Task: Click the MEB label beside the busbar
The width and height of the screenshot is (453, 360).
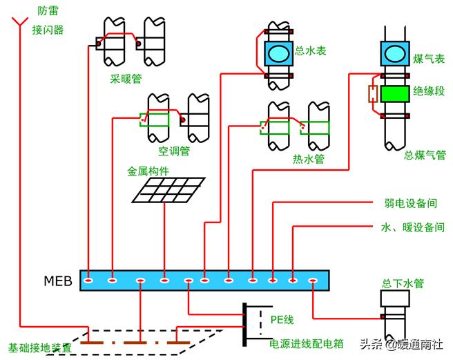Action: tap(59, 281)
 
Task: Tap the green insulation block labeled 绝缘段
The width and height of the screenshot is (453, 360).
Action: tap(394, 93)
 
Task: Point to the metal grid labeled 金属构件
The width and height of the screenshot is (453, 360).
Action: tap(168, 189)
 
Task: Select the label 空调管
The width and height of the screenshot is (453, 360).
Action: tap(174, 150)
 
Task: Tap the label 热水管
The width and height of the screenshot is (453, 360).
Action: tap(308, 159)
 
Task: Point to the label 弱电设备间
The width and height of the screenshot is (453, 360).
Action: tap(410, 204)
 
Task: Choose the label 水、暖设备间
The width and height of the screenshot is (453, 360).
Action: tap(412, 227)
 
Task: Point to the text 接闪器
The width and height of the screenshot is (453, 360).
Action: tap(48, 30)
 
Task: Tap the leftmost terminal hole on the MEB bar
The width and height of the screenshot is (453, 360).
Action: tap(89, 281)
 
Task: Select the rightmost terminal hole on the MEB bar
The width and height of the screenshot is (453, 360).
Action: tap(312, 281)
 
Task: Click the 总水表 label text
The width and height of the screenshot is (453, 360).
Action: tap(311, 50)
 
